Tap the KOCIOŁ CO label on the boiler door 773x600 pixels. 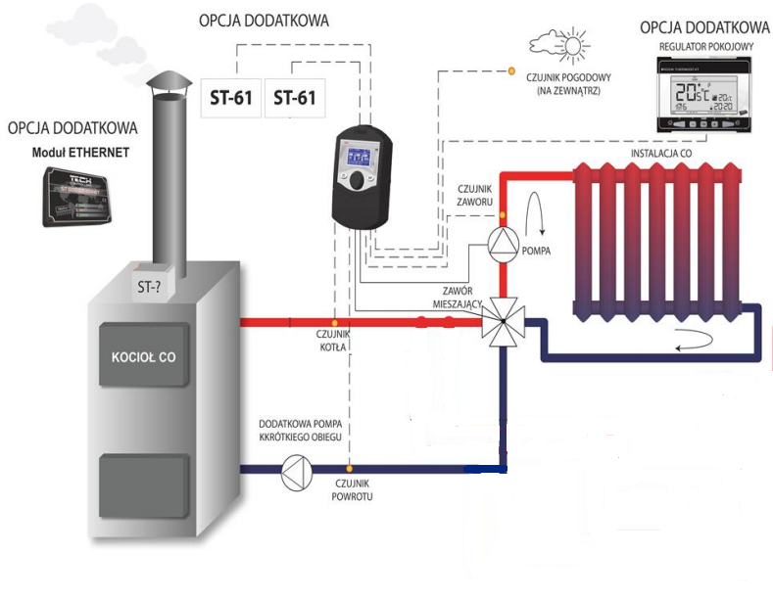[143, 357]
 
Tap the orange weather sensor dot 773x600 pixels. [510, 71]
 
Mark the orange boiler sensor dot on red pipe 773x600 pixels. [334, 320]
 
